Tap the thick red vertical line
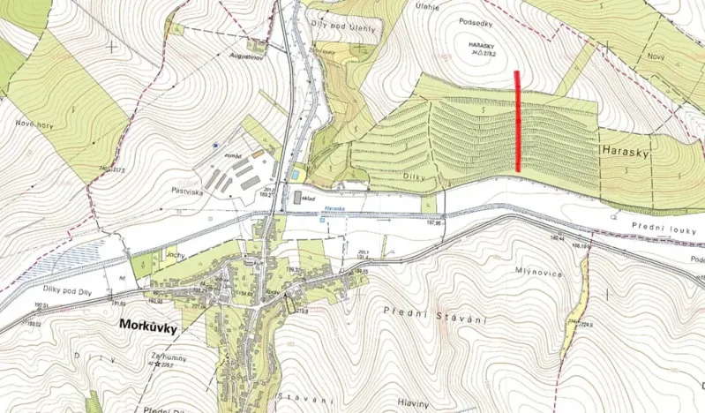[517, 121]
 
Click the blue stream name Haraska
[334, 208]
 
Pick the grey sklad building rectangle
[296, 197]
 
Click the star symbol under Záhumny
[159, 364]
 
